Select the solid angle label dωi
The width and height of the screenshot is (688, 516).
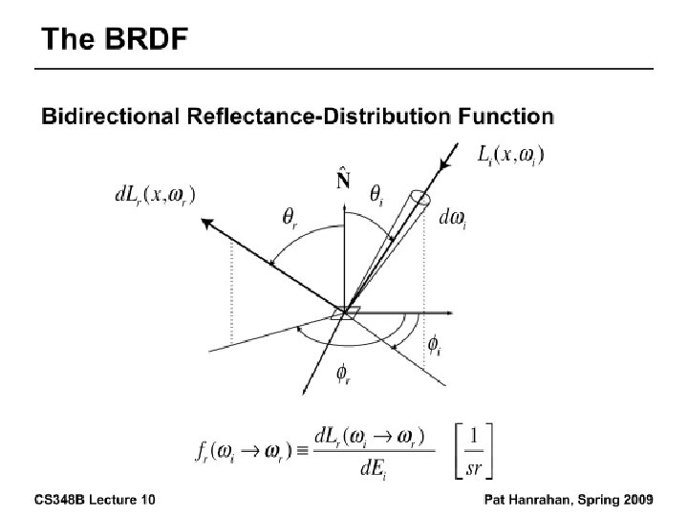(x=451, y=219)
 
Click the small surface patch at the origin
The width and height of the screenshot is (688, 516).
(x=346, y=312)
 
